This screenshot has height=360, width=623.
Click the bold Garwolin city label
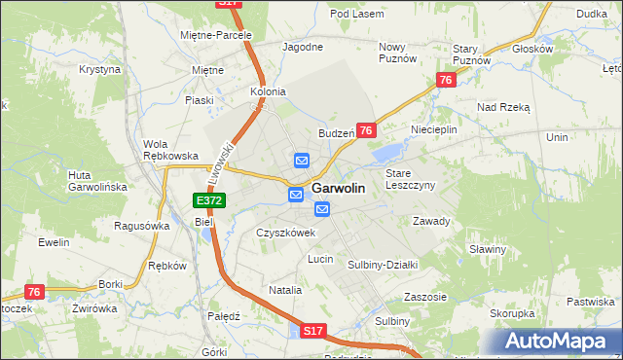pos(339,190)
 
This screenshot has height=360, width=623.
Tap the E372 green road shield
pos(209,200)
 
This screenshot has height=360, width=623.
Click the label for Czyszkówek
pos(285,234)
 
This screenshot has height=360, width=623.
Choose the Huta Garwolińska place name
pos(92,181)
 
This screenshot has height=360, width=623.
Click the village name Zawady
pos(430,221)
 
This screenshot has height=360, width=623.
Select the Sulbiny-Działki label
pos(383,264)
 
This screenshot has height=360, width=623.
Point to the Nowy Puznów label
pos(397,53)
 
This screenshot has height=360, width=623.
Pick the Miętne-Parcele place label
pos(215,35)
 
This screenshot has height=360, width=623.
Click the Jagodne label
pos(302,46)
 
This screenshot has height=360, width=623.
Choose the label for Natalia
pos(285,290)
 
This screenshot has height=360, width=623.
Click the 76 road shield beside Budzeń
pos(366,130)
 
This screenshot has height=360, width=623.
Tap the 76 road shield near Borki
pos(35,292)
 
